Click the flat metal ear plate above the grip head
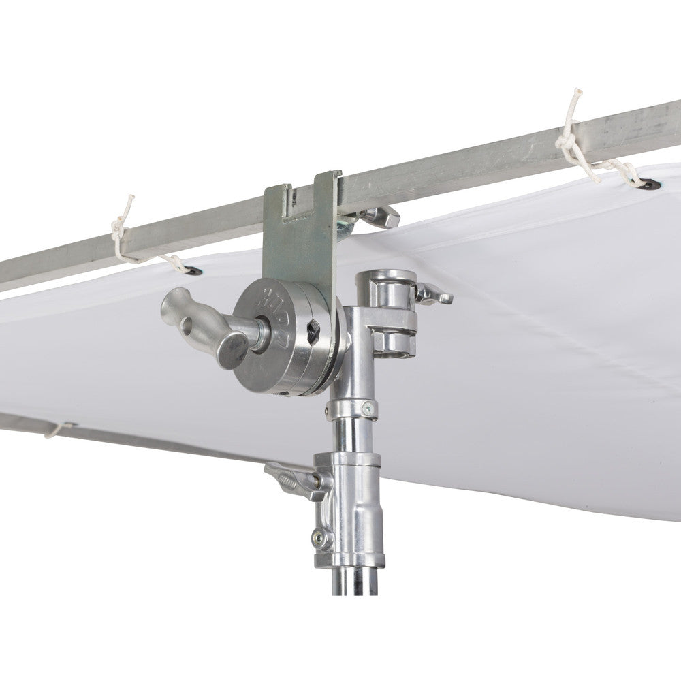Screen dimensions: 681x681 (x=300, y=232)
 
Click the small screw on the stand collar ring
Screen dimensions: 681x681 (x=368, y=409)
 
